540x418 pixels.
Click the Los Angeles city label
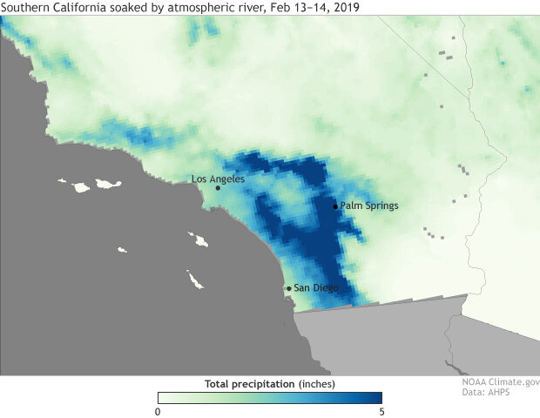coord(218,179)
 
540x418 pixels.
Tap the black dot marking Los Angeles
coord(218,187)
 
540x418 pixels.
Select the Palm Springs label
coord(368,206)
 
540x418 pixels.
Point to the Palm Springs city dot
coord(335,206)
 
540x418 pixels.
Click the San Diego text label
coord(315,288)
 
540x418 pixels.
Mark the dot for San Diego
coord(288,288)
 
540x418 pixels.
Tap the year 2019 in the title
coord(347,7)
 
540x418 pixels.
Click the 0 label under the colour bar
coord(158,411)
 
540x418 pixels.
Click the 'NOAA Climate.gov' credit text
coord(501,381)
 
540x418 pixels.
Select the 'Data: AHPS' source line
coord(486,393)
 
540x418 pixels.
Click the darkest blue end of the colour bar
coord(377,398)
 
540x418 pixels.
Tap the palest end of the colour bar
coord(161,398)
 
